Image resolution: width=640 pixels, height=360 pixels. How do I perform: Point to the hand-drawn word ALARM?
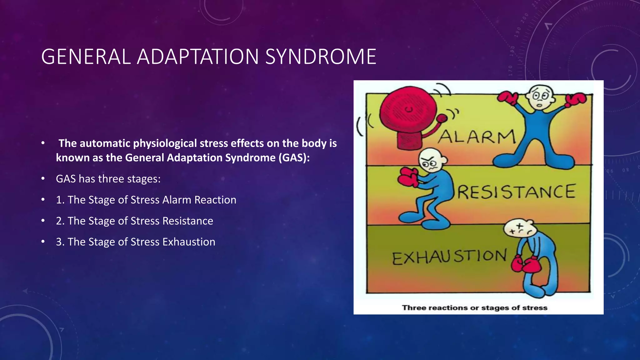point(477,137)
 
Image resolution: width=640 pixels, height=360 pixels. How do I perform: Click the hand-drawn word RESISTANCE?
point(516,192)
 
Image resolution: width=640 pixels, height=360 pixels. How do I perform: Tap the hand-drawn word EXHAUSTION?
point(449,257)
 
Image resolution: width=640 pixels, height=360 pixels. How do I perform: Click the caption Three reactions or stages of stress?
point(474,308)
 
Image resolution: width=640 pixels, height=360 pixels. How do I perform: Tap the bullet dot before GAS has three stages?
point(43,179)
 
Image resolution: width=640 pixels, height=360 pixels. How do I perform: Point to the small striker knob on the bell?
point(442,118)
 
